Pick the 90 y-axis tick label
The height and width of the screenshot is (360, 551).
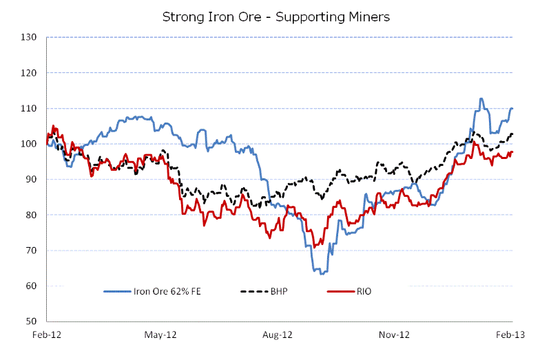[30, 180]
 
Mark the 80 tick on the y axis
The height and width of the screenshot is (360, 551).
[30, 215]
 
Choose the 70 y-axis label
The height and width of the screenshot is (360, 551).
[30, 251]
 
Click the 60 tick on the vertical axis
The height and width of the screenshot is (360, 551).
[30, 286]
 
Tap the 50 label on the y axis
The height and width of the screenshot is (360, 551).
[30, 321]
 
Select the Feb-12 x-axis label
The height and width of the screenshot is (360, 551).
[46, 335]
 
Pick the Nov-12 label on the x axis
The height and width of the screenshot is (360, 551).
[396, 335]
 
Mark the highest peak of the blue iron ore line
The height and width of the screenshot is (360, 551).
[481, 98]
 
